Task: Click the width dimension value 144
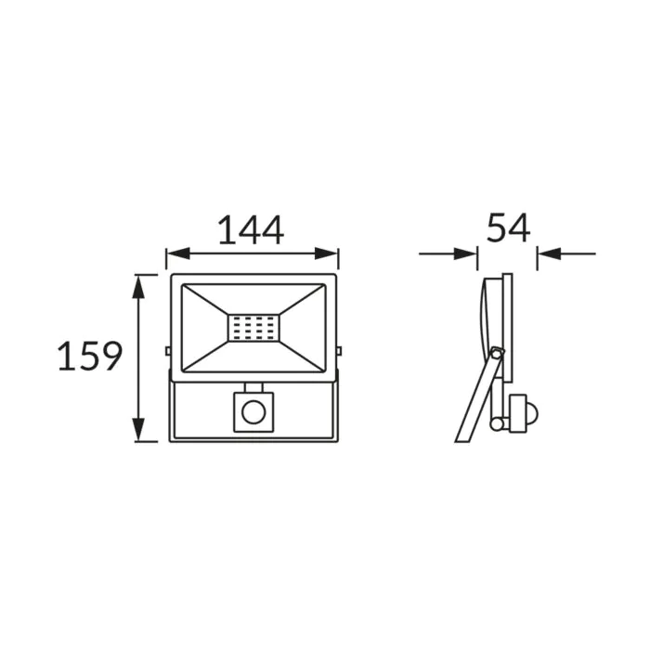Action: [251, 229]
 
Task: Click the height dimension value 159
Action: [90, 356]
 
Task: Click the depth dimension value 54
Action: [508, 227]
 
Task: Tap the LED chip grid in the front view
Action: [253, 329]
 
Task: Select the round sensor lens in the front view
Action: [253, 412]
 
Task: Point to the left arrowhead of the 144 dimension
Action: [177, 253]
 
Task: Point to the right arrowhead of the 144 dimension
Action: [327, 253]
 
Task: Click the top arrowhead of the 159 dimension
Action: [138, 286]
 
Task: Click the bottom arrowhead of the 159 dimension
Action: [138, 430]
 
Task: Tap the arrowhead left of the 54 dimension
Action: [465, 253]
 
